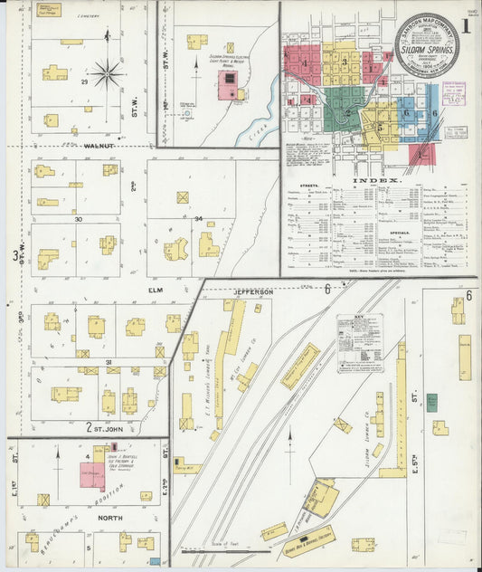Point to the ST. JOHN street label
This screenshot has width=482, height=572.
point(109,427)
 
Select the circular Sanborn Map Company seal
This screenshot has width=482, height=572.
point(426,44)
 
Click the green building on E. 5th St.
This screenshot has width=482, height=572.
point(432,403)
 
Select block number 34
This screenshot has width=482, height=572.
point(196,218)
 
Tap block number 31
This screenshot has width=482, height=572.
point(108,362)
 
